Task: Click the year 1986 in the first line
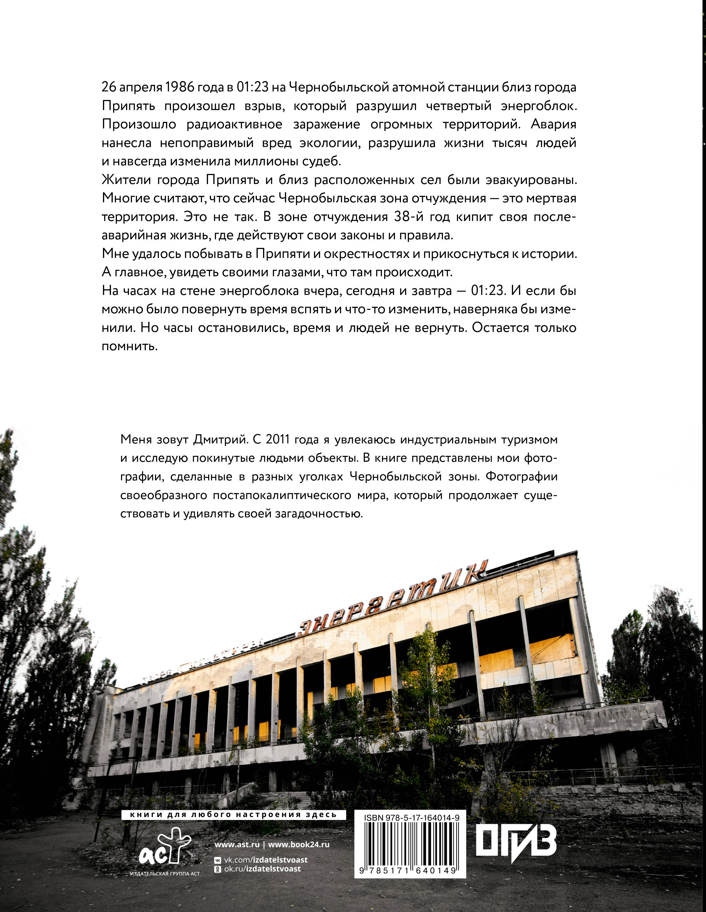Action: coord(180,87)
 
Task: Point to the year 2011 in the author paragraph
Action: coord(277,440)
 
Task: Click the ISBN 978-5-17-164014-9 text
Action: coord(412,818)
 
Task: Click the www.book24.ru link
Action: coord(299,844)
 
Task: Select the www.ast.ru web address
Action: coord(237,844)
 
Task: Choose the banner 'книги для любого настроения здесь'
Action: coord(233,815)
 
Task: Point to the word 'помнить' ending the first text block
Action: coord(130,346)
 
